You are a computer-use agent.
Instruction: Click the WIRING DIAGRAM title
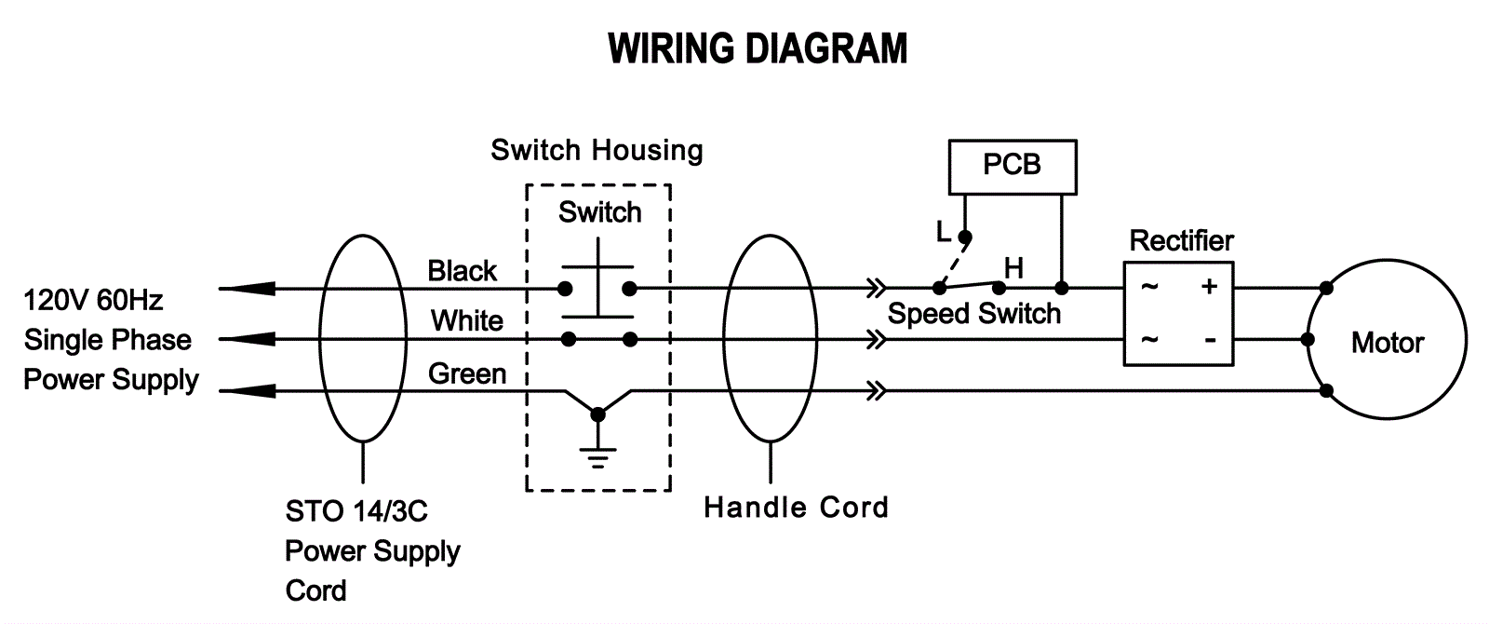click(758, 48)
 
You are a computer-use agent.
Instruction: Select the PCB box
click(1012, 166)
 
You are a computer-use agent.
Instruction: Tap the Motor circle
click(1387, 342)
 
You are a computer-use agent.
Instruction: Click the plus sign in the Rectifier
click(1209, 286)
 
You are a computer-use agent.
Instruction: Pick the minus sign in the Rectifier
click(1210, 340)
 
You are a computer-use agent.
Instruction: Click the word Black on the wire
click(462, 271)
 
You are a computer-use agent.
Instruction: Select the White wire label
click(466, 321)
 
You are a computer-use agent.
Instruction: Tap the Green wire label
click(466, 373)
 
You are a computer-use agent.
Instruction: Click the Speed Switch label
click(973, 314)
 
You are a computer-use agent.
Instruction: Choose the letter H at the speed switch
click(1013, 268)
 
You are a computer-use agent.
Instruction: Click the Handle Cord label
click(796, 508)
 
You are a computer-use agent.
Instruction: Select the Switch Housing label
click(597, 150)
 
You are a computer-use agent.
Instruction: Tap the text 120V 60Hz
click(93, 300)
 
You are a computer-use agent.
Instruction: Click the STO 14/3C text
click(356, 511)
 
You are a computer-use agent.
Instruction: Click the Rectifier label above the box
click(1181, 240)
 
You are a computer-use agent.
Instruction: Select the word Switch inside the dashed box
click(599, 212)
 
